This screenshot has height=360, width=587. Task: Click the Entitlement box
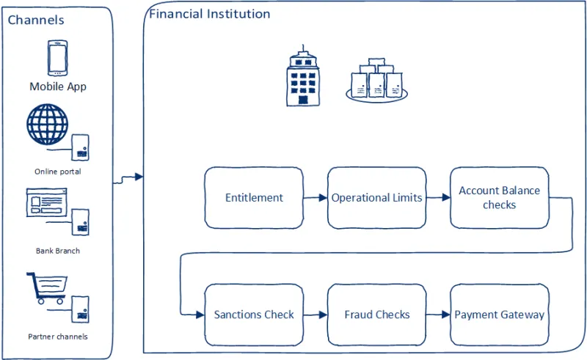(x=254, y=198)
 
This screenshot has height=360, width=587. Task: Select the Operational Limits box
(x=376, y=198)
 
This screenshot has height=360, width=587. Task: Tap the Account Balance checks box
(x=499, y=198)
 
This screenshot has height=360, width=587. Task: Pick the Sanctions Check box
(x=254, y=315)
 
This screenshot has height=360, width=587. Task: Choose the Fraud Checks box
(x=376, y=315)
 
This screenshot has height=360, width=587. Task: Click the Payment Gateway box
(x=499, y=315)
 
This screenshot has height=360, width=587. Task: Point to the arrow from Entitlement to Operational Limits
(x=316, y=198)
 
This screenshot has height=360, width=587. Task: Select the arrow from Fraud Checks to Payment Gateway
(x=438, y=315)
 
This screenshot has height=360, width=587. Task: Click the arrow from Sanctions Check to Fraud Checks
(x=316, y=315)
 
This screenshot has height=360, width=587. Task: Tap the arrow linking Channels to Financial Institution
(x=128, y=177)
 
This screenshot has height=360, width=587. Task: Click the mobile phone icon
(x=57, y=58)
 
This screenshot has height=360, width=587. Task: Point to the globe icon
(x=47, y=124)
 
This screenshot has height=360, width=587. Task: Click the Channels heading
(x=36, y=20)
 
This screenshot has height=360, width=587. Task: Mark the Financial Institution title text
(x=210, y=14)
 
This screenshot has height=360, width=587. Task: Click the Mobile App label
(x=58, y=87)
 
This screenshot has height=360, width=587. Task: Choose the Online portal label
(x=57, y=172)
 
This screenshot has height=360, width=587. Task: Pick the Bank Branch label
(x=58, y=251)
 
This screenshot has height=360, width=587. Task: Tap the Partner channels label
(x=58, y=337)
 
